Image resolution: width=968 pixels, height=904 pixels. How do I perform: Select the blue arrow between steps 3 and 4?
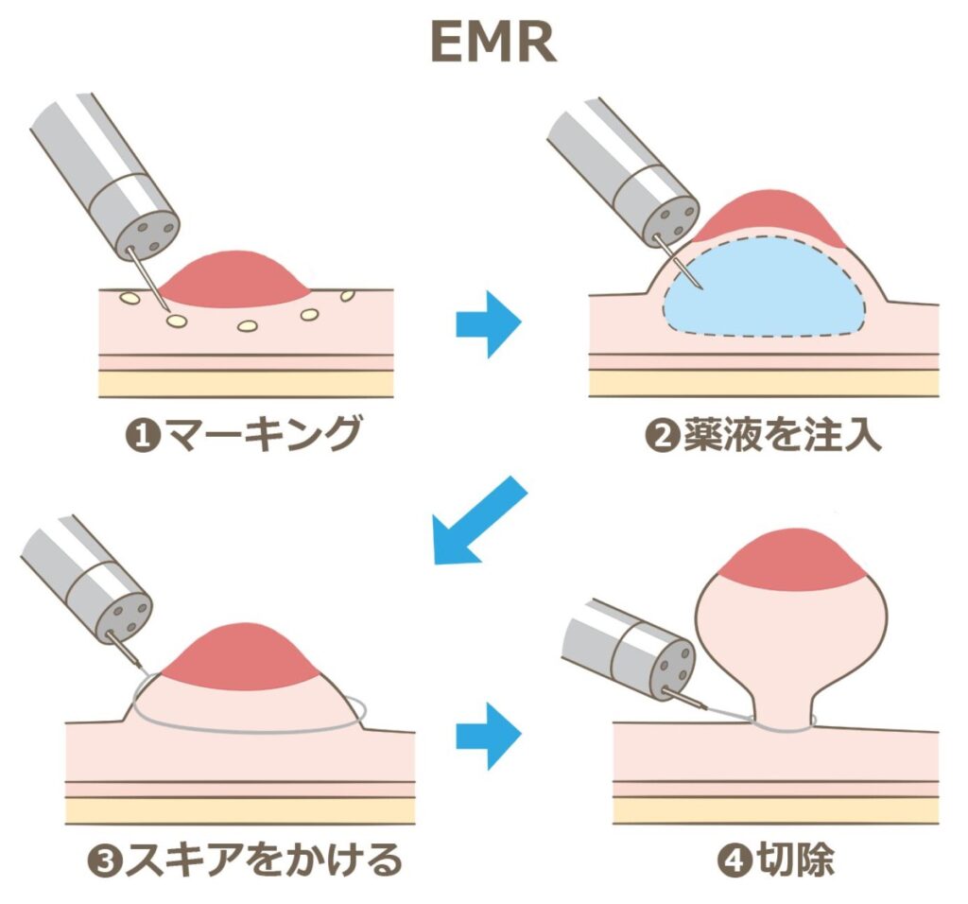click(488, 735)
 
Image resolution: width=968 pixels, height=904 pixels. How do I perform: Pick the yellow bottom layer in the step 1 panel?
click(246, 383)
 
